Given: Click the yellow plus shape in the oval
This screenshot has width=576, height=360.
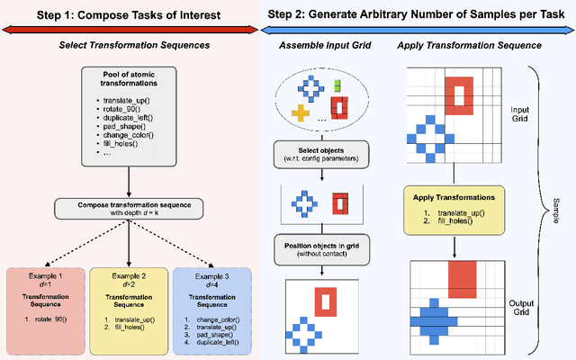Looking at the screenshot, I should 301,112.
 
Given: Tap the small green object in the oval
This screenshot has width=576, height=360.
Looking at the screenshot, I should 337,86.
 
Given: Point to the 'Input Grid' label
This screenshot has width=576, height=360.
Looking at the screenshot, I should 519,110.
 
